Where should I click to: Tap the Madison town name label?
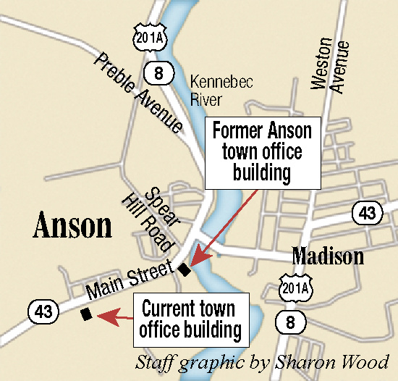[327, 256]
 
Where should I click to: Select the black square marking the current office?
[86, 314]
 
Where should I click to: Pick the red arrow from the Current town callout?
[115, 317]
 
